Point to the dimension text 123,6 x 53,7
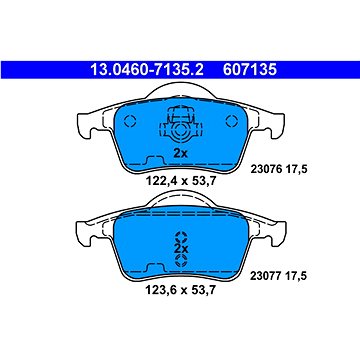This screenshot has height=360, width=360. point(181,296)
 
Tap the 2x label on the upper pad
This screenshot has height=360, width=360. point(181,153)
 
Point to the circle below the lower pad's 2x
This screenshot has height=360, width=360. point(181,256)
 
